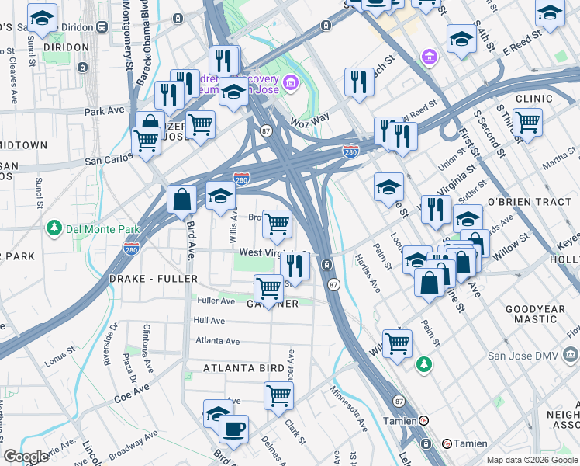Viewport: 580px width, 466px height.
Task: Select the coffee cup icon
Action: pyautogui.click(x=233, y=427)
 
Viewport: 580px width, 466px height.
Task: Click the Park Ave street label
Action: pyautogui.click(x=105, y=111)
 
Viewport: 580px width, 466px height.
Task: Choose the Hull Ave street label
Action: pyautogui.click(x=209, y=320)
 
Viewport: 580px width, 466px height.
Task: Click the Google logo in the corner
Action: pyautogui.click(x=26, y=457)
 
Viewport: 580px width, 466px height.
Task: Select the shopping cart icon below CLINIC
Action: pyautogui.click(x=527, y=122)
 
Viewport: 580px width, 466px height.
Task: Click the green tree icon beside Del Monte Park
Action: pyautogui.click(x=54, y=228)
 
